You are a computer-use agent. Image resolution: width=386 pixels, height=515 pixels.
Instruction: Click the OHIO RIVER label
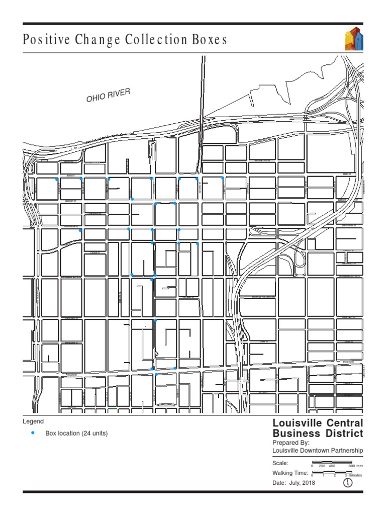coord(108,95)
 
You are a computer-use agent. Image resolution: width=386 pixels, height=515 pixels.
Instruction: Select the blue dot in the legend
coord(33,433)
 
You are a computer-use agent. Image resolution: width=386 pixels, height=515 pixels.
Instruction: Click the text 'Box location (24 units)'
coord(76,433)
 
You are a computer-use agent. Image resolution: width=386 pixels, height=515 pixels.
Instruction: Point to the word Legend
coord(33,421)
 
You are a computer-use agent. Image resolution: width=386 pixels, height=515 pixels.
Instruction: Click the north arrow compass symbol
coord(347,483)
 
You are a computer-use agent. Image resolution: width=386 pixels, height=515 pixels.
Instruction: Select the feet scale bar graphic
coord(332,462)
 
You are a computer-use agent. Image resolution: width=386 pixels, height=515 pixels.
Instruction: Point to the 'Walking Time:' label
coord(290,473)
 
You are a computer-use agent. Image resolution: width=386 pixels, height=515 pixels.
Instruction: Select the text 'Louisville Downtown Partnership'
coord(317,451)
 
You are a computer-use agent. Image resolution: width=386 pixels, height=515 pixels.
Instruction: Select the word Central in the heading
coord(341,423)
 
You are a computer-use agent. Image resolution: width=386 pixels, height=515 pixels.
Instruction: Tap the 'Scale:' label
coord(280,463)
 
